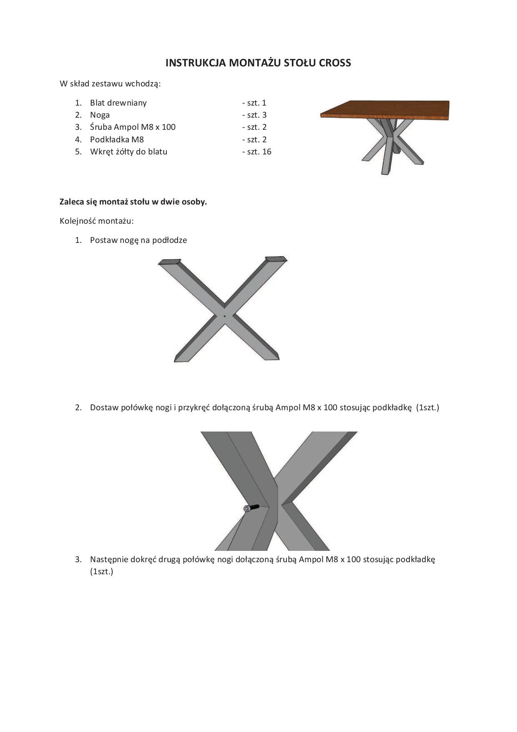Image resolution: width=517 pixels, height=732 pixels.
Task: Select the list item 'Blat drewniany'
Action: click(118, 103)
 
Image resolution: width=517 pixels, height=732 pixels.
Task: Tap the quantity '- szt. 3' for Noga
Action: click(254, 115)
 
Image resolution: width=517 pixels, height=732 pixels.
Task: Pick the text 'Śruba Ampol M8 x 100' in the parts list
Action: click(133, 127)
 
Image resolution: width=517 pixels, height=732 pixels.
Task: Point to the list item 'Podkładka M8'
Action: click(117, 139)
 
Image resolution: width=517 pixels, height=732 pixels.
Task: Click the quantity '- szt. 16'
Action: click(256, 152)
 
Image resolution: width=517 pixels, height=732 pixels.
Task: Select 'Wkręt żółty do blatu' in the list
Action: click(128, 152)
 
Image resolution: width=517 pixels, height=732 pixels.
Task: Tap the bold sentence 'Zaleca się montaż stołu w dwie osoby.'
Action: click(133, 202)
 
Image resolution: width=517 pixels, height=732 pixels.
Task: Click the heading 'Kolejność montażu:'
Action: click(97, 221)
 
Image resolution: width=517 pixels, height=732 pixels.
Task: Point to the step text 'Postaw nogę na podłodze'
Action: click(138, 240)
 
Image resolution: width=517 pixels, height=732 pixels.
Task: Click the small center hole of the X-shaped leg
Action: click(225, 316)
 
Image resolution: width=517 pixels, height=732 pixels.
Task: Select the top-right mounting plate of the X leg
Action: click(276, 259)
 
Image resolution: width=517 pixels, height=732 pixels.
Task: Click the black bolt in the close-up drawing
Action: click(251, 508)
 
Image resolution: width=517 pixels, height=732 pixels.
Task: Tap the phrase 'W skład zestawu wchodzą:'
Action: click(110, 84)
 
